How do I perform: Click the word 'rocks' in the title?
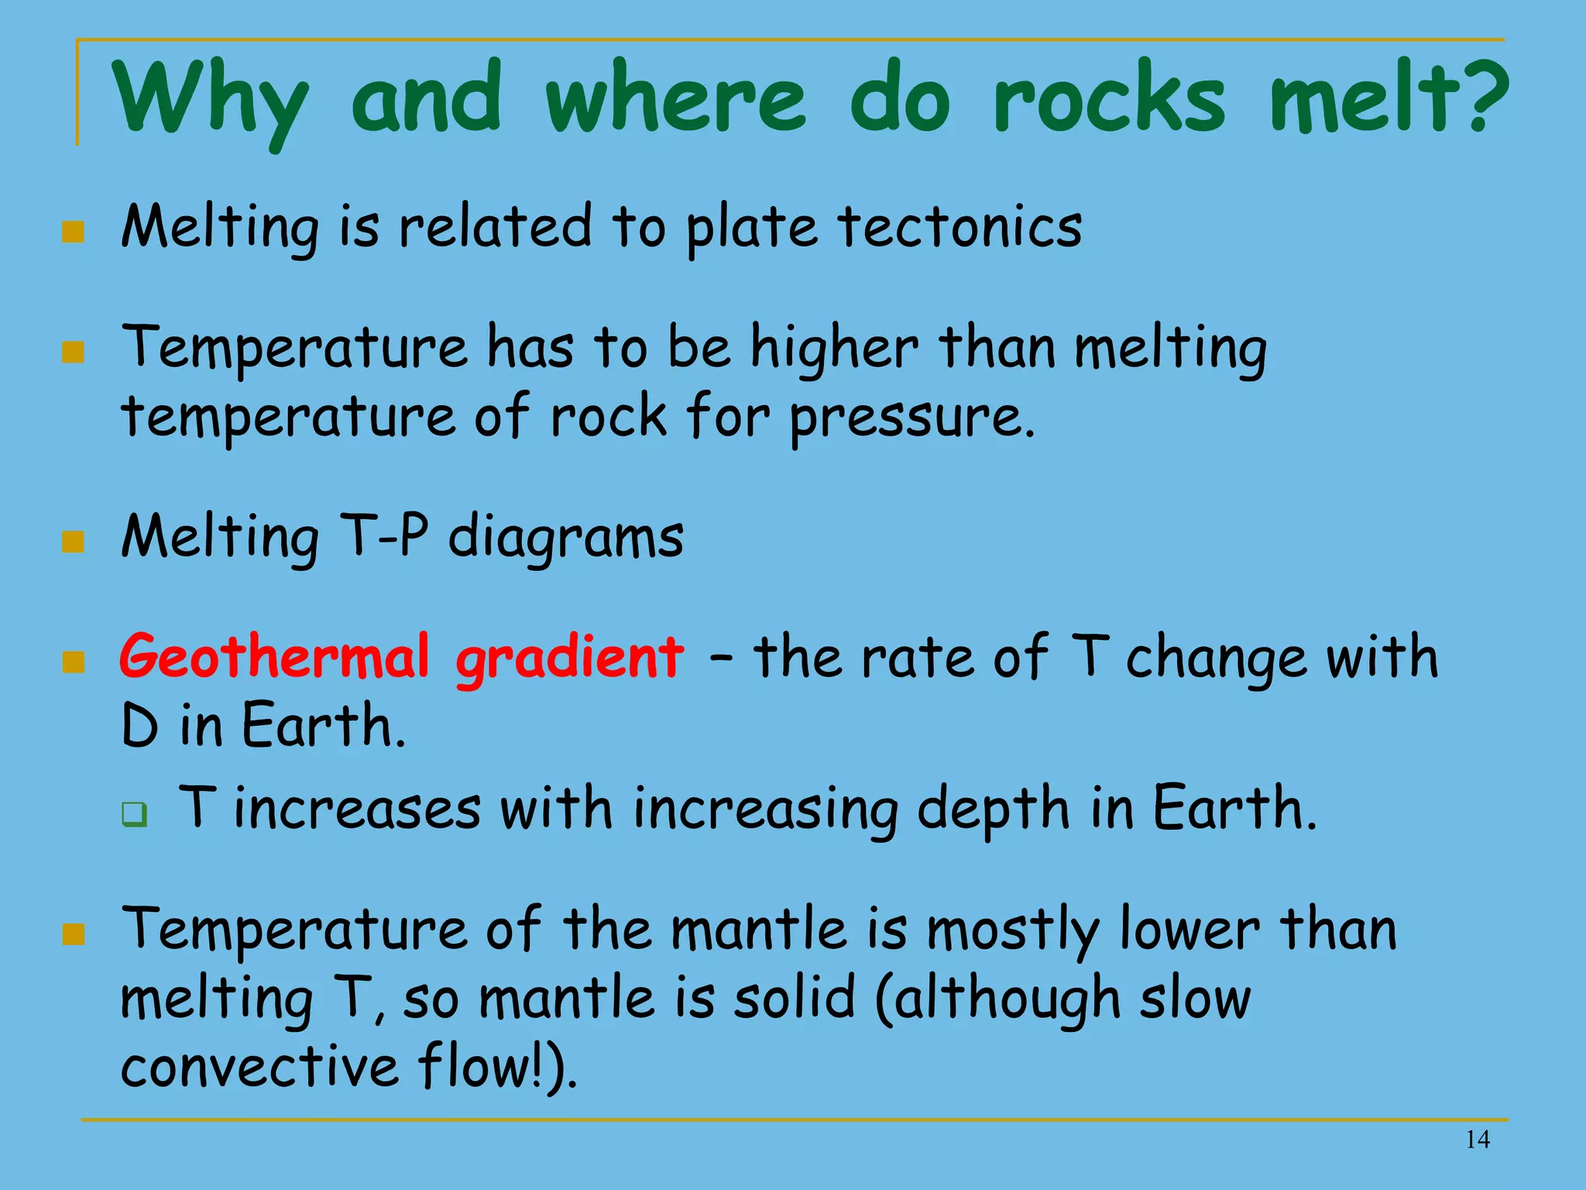coord(1109,101)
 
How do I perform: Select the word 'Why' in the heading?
coord(211,101)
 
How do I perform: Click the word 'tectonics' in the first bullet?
coord(959,228)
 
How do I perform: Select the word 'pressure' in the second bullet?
coord(911,418)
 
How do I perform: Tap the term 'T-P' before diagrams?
coord(383,536)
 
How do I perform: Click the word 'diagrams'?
coord(566,538)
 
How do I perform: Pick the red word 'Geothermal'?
coord(274,657)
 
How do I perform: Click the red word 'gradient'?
coord(569,659)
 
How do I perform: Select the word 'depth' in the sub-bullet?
coord(993,810)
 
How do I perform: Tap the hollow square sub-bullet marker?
coord(135,814)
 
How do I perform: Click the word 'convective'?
coord(260,1068)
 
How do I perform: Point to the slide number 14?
coord(1478,1139)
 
